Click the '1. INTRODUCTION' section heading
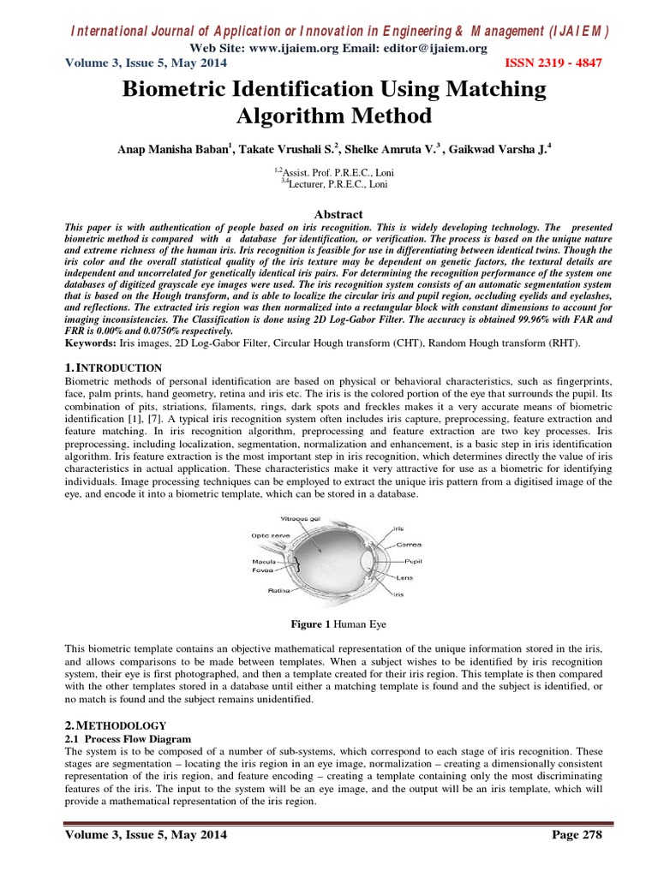(x=114, y=368)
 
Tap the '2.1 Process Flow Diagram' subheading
(x=129, y=738)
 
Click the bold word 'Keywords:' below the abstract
(x=92, y=343)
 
